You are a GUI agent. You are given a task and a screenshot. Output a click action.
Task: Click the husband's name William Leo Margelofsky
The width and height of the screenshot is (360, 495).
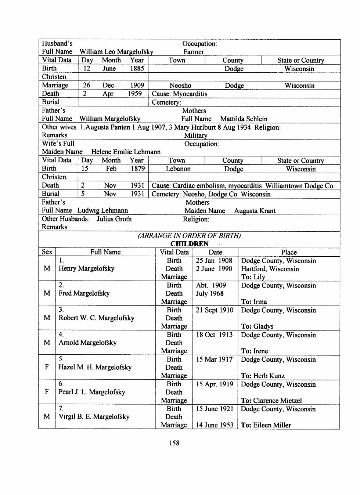(x=116, y=52)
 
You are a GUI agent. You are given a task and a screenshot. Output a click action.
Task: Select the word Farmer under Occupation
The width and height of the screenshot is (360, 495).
(x=194, y=52)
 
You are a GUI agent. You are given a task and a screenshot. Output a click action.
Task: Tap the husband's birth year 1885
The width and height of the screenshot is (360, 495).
(x=137, y=69)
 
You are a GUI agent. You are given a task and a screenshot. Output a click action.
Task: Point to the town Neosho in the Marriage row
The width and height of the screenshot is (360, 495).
(x=180, y=86)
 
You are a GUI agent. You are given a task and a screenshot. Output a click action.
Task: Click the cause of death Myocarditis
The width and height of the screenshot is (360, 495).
(x=190, y=94)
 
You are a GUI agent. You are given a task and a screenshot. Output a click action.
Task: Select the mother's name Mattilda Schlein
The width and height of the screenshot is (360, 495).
(x=244, y=119)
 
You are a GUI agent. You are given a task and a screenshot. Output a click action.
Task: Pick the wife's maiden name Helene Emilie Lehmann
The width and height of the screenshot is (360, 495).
(x=126, y=152)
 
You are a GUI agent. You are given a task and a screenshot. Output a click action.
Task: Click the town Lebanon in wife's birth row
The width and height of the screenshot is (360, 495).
(x=178, y=169)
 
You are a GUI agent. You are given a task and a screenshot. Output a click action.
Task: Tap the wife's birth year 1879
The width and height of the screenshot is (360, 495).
(x=138, y=169)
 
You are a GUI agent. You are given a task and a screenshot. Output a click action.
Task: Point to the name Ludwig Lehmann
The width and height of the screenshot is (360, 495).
(x=102, y=210)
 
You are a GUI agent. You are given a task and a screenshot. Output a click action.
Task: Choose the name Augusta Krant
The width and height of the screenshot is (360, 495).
(x=255, y=211)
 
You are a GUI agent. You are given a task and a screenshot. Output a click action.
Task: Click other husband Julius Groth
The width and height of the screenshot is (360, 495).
(x=114, y=219)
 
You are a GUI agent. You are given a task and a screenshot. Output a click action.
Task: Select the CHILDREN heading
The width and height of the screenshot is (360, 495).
(x=189, y=244)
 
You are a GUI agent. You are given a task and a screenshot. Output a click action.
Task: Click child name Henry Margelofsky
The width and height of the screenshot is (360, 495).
(x=86, y=268)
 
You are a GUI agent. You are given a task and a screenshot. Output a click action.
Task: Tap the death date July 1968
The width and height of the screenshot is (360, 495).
(x=209, y=293)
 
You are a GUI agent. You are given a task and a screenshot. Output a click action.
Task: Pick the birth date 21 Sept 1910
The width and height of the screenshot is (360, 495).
(x=215, y=310)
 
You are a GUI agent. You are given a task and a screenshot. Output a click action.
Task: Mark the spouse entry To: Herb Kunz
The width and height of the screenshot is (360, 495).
(x=263, y=376)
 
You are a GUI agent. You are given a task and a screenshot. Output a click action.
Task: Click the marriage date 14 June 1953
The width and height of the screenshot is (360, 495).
(x=215, y=425)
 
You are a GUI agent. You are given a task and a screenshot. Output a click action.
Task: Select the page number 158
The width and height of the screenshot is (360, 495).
(x=174, y=443)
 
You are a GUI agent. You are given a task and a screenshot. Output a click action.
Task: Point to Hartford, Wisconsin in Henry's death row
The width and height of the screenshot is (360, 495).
(x=270, y=269)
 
